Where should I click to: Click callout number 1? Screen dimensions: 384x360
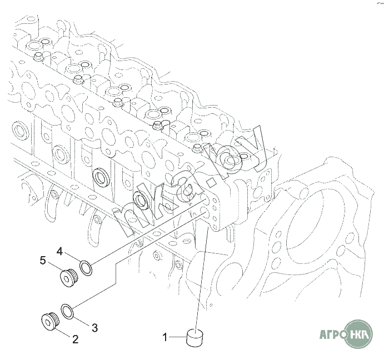click(165, 337)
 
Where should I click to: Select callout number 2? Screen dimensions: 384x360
click(75, 339)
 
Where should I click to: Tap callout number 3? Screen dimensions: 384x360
click(94, 328)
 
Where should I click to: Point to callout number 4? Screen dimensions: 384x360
click(60, 251)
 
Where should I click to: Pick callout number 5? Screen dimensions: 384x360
click(43, 261)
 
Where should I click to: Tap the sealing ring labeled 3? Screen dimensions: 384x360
click(67, 312)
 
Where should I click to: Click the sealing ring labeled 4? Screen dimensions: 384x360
click(86, 268)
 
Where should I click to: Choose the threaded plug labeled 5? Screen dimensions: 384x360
click(69, 278)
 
